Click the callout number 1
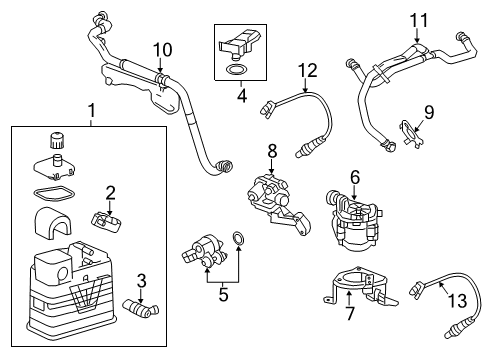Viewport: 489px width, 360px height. [92, 108]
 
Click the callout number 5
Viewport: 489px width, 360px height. [223, 297]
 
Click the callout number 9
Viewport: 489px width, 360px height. [428, 111]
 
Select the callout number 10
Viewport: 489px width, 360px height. [162, 48]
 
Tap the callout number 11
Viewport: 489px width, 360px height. [419, 19]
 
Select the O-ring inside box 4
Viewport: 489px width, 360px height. [235, 71]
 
